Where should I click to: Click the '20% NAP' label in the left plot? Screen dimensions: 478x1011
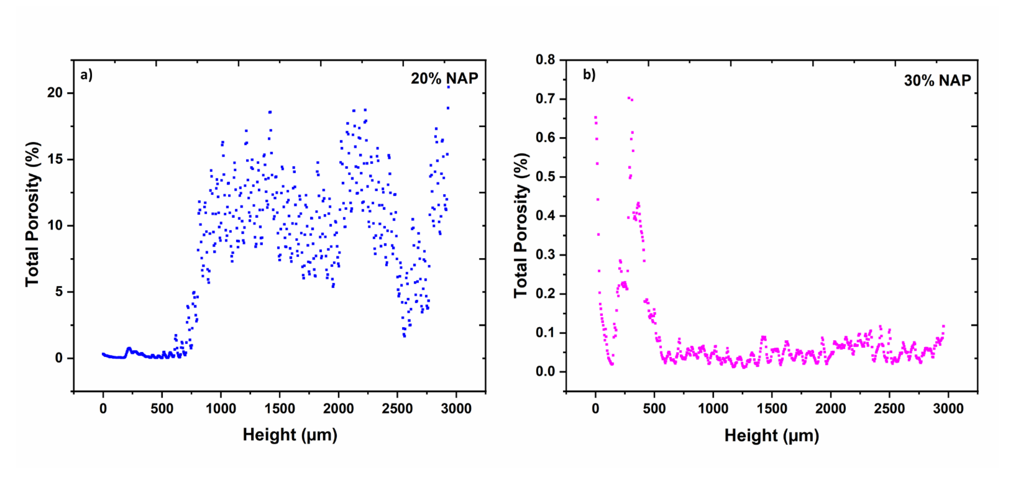click(444, 78)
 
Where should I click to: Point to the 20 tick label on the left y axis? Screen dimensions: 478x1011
click(55, 93)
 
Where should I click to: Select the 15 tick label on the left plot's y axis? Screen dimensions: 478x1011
click(55, 159)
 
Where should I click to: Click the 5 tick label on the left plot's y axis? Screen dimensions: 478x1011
click(59, 292)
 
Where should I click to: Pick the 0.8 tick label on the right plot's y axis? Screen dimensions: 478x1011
click(545, 60)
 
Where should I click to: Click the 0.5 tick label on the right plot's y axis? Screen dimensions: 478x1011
click(545, 177)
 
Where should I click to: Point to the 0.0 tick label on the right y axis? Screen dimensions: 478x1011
click(545, 371)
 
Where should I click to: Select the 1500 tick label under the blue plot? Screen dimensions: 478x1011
click(279, 409)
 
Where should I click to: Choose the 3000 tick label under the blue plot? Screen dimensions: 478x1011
click(456, 409)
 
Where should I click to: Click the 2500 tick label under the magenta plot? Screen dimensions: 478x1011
click(889, 409)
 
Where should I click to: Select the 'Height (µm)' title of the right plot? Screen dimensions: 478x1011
click(772, 436)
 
